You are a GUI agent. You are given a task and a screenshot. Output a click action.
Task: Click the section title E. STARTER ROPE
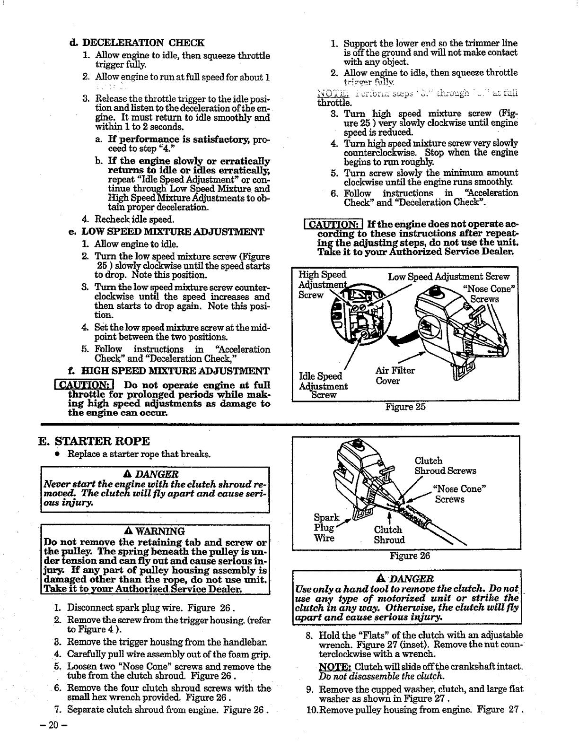94,441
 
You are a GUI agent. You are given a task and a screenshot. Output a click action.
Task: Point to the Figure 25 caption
405,407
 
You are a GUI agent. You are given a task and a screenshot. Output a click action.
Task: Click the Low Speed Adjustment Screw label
448,277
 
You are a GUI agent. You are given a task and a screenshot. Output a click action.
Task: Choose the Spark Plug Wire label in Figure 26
325,528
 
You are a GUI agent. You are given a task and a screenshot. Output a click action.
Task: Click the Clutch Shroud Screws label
445,466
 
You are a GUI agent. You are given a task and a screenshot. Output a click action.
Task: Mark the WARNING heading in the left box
156,531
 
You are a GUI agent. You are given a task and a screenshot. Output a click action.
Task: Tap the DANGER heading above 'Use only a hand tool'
409,579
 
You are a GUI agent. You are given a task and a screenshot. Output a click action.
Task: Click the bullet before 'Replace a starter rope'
56,454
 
